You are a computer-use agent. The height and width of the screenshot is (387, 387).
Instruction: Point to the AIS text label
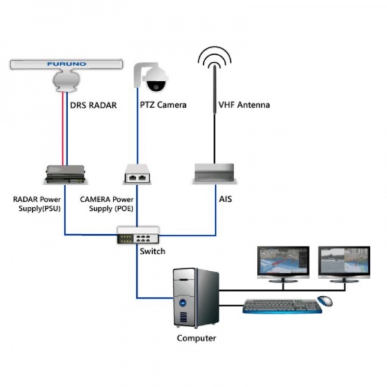click(225, 200)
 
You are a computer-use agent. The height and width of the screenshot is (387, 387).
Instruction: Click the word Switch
click(152, 251)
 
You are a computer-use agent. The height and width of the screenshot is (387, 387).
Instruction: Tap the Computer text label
click(197, 338)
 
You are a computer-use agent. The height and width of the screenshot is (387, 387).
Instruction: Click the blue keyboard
click(282, 307)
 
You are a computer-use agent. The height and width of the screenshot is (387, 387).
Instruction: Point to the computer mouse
click(326, 301)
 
